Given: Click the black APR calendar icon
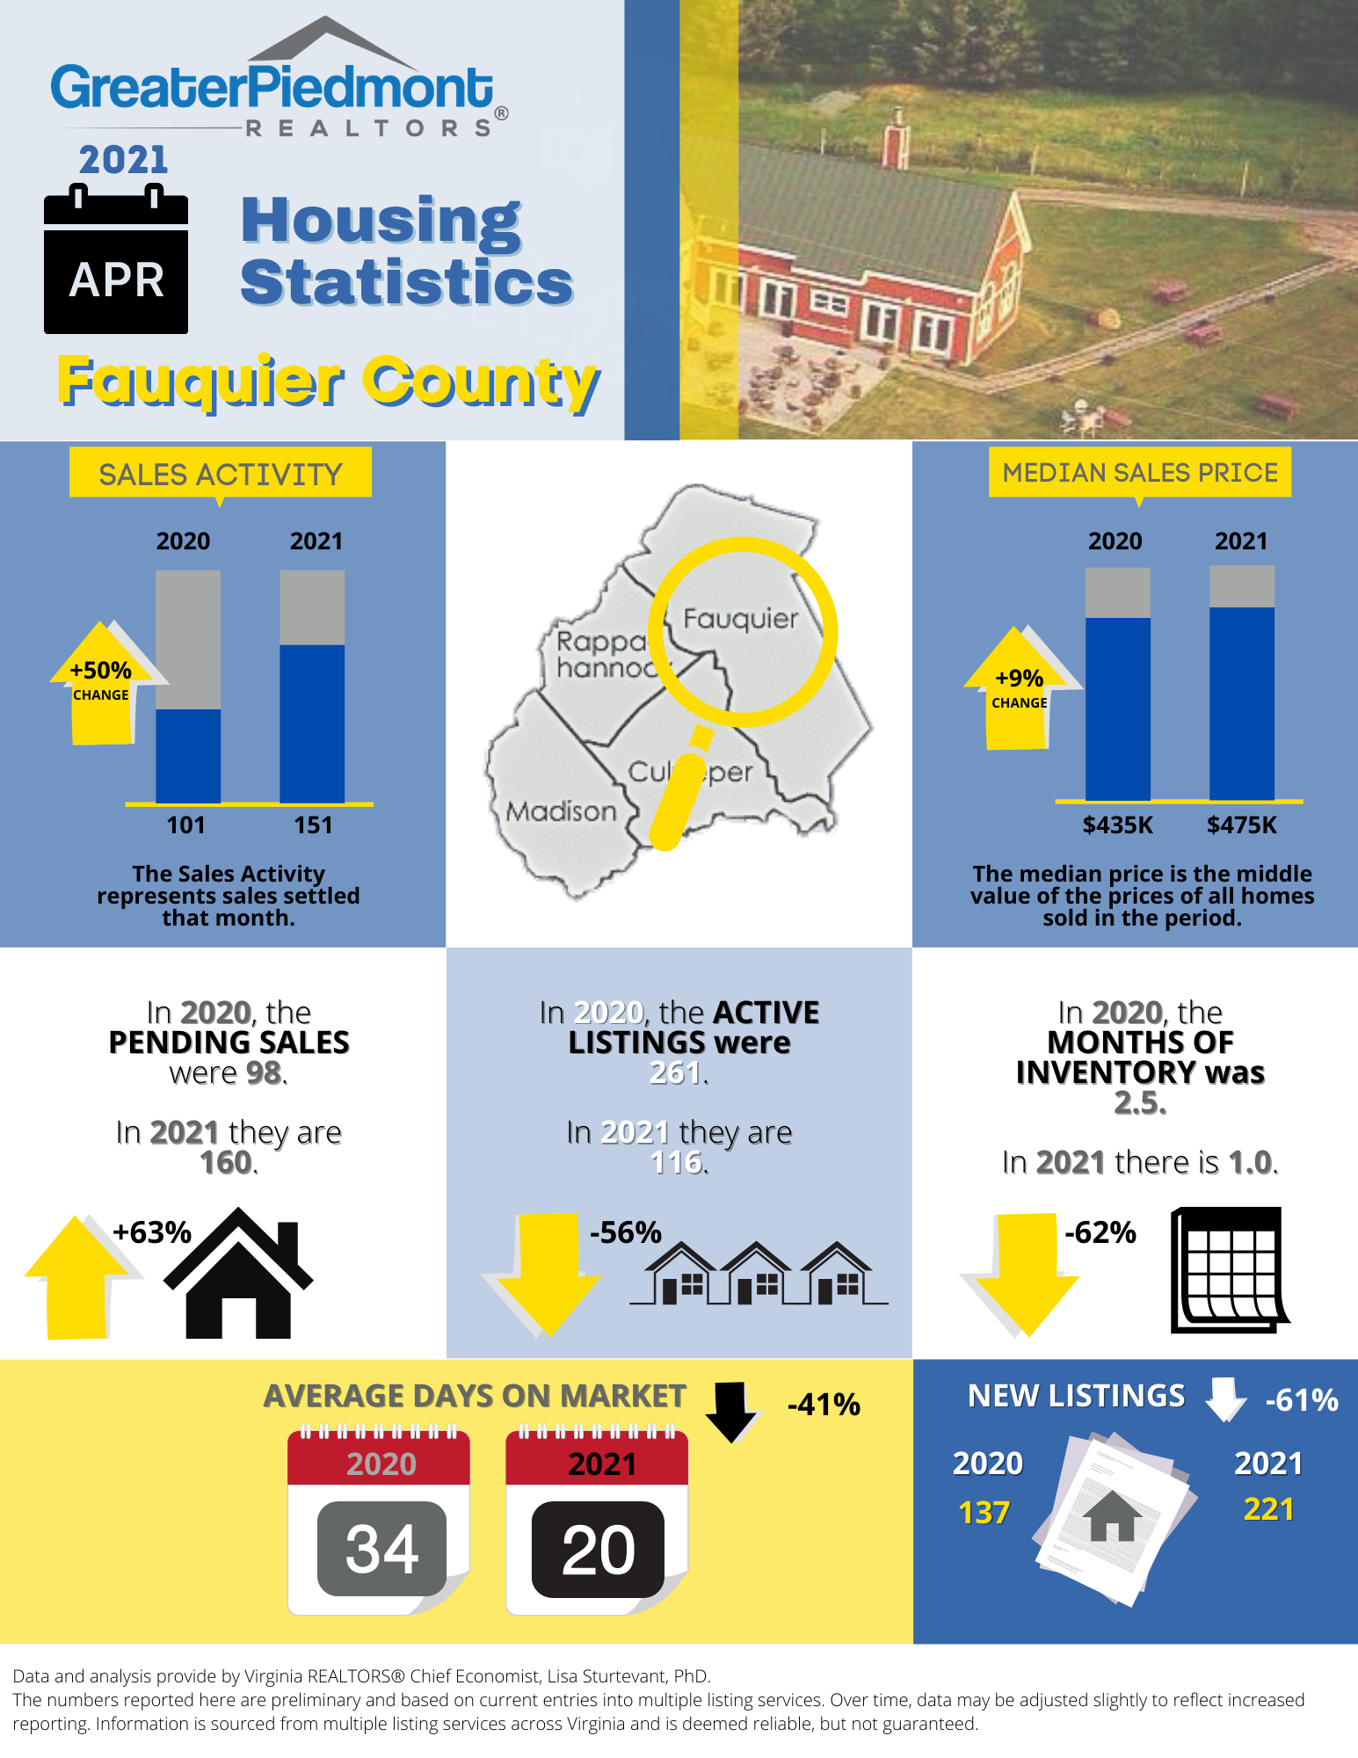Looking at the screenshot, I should click(x=116, y=261).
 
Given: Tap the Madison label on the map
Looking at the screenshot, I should click(x=561, y=810).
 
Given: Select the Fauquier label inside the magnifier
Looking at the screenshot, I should click(x=740, y=619).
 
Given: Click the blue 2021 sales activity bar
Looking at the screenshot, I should click(x=312, y=723).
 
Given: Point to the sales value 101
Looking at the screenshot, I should click(x=185, y=825).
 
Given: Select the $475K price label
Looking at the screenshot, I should click(x=1241, y=825).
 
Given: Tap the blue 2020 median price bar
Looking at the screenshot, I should click(x=1117, y=708).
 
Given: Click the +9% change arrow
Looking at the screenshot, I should click(x=1018, y=689).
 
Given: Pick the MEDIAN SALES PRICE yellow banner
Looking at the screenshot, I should click(x=1140, y=473).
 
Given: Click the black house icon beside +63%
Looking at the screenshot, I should click(x=238, y=1274).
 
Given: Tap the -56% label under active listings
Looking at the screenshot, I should click(x=625, y=1232).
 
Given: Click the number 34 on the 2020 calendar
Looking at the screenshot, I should click(x=381, y=1549).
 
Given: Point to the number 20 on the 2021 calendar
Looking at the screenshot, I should click(x=598, y=1549).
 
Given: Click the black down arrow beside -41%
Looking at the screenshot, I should click(x=730, y=1410).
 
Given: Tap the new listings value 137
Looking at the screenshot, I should click(x=984, y=1513).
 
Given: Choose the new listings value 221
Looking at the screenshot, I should click(x=1268, y=1509).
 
